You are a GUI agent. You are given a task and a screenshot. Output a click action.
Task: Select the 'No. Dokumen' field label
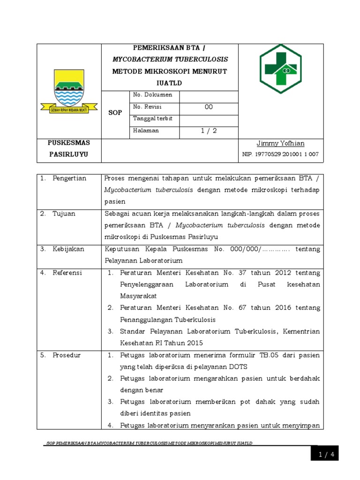pos(153,95)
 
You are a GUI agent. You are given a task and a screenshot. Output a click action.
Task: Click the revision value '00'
pos(209,107)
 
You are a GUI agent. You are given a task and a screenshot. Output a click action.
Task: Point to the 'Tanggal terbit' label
pos(153,119)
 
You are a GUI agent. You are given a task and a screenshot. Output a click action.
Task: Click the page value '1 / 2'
pos(209,131)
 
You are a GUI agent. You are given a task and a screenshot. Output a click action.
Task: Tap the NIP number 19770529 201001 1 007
pos(280,154)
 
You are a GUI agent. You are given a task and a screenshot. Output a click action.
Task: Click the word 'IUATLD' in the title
pos(170,83)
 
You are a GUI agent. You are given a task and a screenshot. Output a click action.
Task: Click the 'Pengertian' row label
pos(69,179)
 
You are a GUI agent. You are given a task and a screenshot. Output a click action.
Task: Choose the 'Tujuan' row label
pos(64,214)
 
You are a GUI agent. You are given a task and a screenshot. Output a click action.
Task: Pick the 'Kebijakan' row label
pos(68,249)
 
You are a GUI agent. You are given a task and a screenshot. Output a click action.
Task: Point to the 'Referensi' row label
pos(67,273)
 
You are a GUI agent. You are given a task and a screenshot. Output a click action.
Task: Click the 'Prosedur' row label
pos(67,355)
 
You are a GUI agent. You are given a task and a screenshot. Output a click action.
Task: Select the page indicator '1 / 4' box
pos(324,454)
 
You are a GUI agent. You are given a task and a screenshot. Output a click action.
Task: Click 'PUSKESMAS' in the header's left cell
pos(69,142)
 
